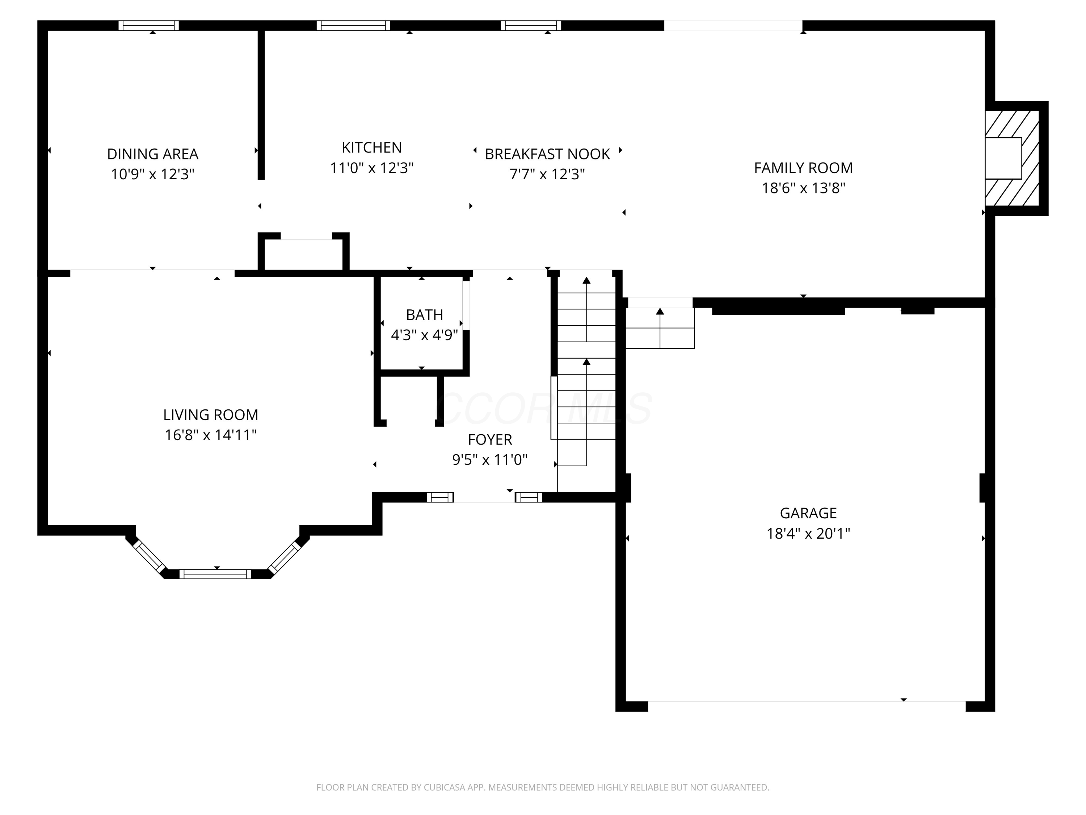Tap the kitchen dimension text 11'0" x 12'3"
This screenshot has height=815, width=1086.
pyautogui.click(x=372, y=168)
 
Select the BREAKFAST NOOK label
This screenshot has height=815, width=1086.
pyautogui.click(x=547, y=154)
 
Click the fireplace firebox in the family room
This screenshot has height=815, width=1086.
pyautogui.click(x=1003, y=158)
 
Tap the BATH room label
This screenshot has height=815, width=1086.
pyautogui.click(x=424, y=314)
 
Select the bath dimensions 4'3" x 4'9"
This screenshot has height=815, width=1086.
pyautogui.click(x=424, y=335)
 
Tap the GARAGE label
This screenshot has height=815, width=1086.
pyautogui.click(x=808, y=513)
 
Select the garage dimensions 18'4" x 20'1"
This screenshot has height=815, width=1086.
pyautogui.click(x=808, y=534)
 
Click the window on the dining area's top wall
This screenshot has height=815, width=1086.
pyautogui.click(x=149, y=26)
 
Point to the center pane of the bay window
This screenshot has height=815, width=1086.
pyautogui.click(x=215, y=574)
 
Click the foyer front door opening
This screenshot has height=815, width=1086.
pyautogui.click(x=484, y=497)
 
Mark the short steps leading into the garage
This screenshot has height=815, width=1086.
pyautogui.click(x=660, y=328)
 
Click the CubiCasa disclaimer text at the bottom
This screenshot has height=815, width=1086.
pyautogui.click(x=543, y=787)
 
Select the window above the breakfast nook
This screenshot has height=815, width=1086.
pyautogui.click(x=531, y=26)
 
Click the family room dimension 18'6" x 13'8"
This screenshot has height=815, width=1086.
pyautogui.click(x=803, y=188)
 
